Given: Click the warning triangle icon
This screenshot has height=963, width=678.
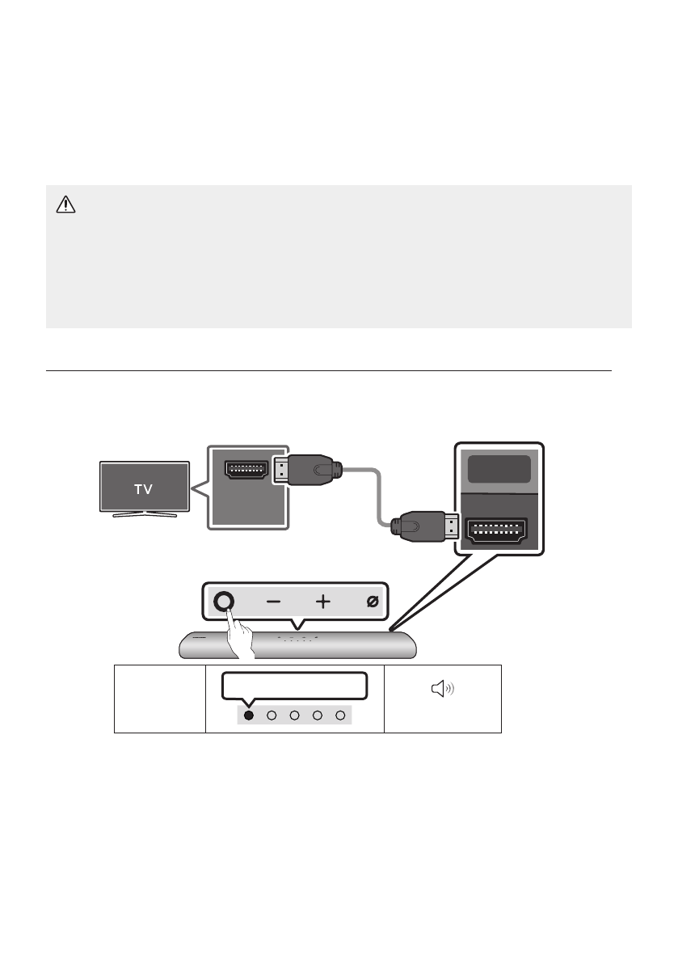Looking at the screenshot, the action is pos(65,205).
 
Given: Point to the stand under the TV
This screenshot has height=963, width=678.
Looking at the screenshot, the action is pos(144,513).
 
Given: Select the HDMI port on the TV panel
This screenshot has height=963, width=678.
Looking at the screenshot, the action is pos(246,471).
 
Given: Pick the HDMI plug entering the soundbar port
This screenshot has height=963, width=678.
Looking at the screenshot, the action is pos(425,527).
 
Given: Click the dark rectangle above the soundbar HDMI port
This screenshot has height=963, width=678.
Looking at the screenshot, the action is pos(499,470).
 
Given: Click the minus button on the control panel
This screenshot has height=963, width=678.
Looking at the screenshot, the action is pos(274,602).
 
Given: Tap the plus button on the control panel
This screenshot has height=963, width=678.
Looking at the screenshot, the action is pos(323,602).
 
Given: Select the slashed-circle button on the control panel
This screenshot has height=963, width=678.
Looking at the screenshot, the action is pos(373,602).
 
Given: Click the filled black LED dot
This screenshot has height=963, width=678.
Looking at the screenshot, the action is pos(249,716).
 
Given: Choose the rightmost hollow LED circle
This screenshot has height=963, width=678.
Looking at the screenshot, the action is pos(341,716).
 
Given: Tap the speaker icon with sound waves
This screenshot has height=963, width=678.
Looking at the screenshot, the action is pos(443,689).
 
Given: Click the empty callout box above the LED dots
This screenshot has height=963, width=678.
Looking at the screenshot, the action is pos(296,685).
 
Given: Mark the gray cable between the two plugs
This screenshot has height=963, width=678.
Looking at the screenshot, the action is pos(377,492).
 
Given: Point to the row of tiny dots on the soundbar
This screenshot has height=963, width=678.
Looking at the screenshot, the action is pos(297,637).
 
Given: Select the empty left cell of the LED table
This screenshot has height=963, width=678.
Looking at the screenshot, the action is pos(159,699).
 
